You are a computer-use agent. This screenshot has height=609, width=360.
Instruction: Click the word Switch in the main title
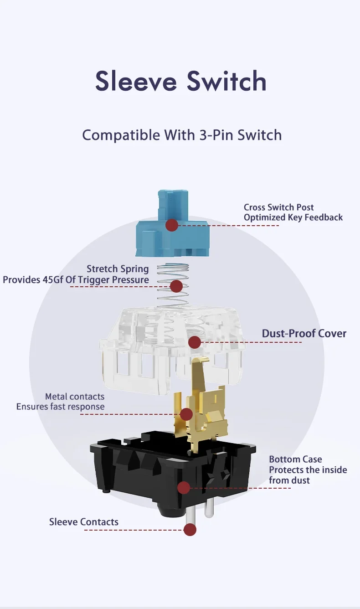pos(226,81)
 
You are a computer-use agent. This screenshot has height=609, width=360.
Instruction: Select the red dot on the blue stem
pos(172,225)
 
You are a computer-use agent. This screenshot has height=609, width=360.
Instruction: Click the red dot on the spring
pos(176,286)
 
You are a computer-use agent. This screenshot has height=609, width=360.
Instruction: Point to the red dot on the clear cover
pos(195,342)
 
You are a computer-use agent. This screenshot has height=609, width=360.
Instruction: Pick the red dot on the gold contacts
pos(186,414)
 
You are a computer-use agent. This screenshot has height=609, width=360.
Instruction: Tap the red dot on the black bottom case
pos(184,488)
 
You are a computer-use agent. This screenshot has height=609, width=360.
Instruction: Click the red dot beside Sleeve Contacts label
pos(190,530)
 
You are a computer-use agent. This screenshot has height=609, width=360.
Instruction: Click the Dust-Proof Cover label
pos(304,333)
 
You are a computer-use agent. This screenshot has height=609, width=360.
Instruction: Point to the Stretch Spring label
pos(118,269)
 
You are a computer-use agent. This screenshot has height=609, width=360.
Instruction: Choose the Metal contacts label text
pos(75,397)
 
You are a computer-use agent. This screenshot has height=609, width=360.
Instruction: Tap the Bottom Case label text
pos(295,459)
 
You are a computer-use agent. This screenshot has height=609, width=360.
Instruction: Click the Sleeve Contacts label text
pos(84,522)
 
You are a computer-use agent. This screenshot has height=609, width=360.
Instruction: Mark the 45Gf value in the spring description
pos(53,279)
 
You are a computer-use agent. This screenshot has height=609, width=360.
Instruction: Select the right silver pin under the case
pos(209,507)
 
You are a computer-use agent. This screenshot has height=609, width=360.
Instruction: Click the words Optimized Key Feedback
pos(293,217)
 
